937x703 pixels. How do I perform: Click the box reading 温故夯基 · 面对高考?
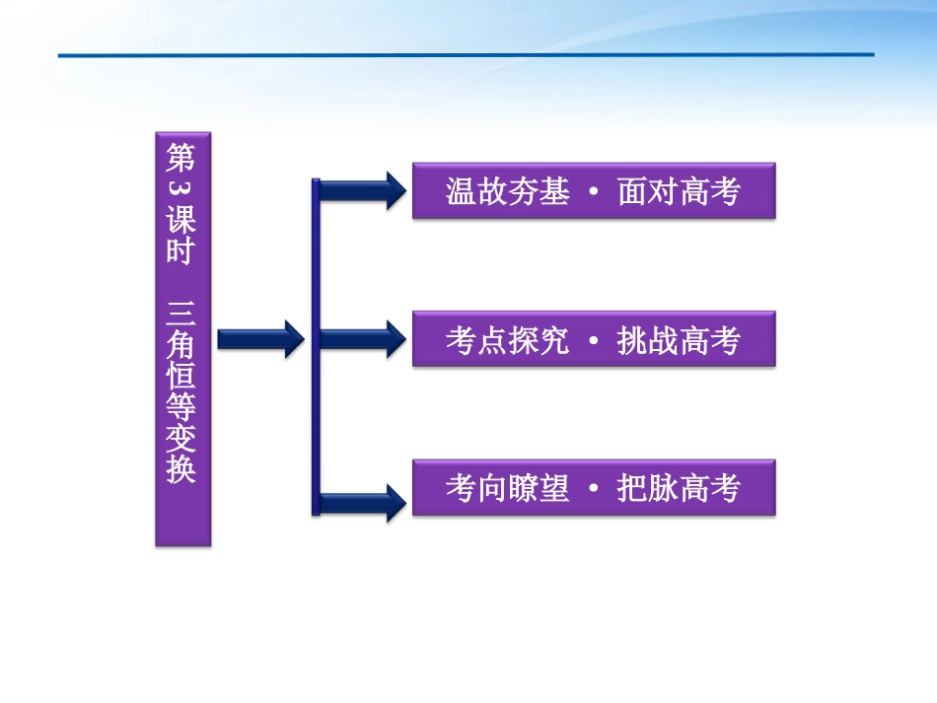(x=594, y=191)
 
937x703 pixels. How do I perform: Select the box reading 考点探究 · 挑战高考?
(x=594, y=340)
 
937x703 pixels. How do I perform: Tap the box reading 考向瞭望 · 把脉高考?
(x=594, y=487)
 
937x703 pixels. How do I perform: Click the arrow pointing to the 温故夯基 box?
(x=361, y=190)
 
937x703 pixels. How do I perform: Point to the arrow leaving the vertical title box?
(x=259, y=339)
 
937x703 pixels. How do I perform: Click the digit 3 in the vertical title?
(x=181, y=188)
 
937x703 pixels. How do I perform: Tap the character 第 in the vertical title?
(x=181, y=158)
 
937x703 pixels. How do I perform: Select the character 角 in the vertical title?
(x=181, y=343)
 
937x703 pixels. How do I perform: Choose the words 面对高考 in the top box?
(x=680, y=191)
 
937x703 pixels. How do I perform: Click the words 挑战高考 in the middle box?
(x=680, y=340)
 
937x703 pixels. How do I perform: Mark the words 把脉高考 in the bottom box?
(x=680, y=487)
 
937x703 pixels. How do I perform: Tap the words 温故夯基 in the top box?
(x=507, y=191)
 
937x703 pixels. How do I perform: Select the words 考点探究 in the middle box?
(x=507, y=340)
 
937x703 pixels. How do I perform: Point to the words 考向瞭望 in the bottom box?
(x=507, y=487)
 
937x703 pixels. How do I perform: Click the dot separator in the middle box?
(x=593, y=341)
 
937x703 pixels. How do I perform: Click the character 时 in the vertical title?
(x=181, y=250)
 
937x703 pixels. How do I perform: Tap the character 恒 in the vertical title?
(x=181, y=375)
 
